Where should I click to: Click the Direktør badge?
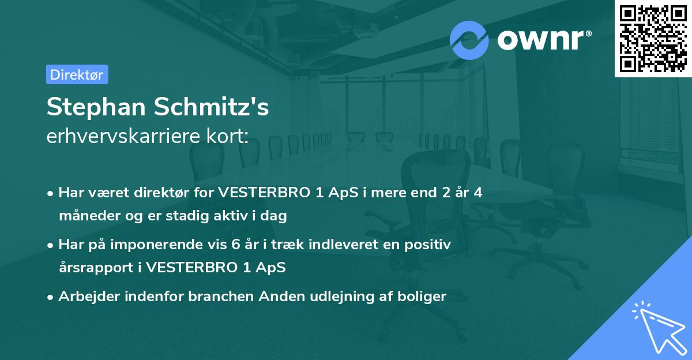[x=77, y=74]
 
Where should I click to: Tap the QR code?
[x=653, y=38]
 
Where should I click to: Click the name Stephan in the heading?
[x=96, y=108]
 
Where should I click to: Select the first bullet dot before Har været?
[x=51, y=193]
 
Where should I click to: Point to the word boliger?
[x=423, y=297]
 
